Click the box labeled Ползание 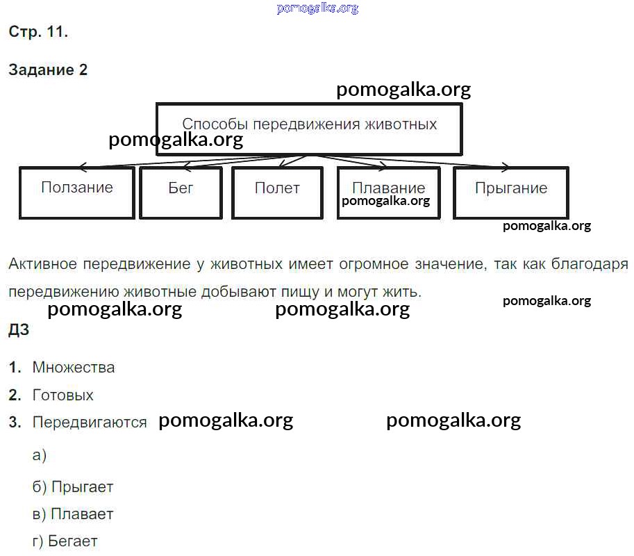[x=76, y=192]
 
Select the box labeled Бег [x=181, y=192]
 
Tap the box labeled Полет [x=277, y=192]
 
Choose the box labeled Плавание [x=388, y=192]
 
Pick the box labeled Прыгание [x=510, y=192]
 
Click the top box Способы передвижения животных [x=309, y=129]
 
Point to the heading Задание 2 [x=48, y=69]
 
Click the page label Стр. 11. [x=38, y=32]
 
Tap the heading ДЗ [x=19, y=330]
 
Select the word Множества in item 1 [x=74, y=368]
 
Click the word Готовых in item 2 [x=62, y=395]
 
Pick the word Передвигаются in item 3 [x=90, y=423]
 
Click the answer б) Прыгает [x=73, y=487]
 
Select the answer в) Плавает [x=73, y=514]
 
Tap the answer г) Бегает [x=65, y=541]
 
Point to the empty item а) [x=39, y=455]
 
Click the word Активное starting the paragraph [x=42, y=264]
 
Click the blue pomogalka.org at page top [x=317, y=8]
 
